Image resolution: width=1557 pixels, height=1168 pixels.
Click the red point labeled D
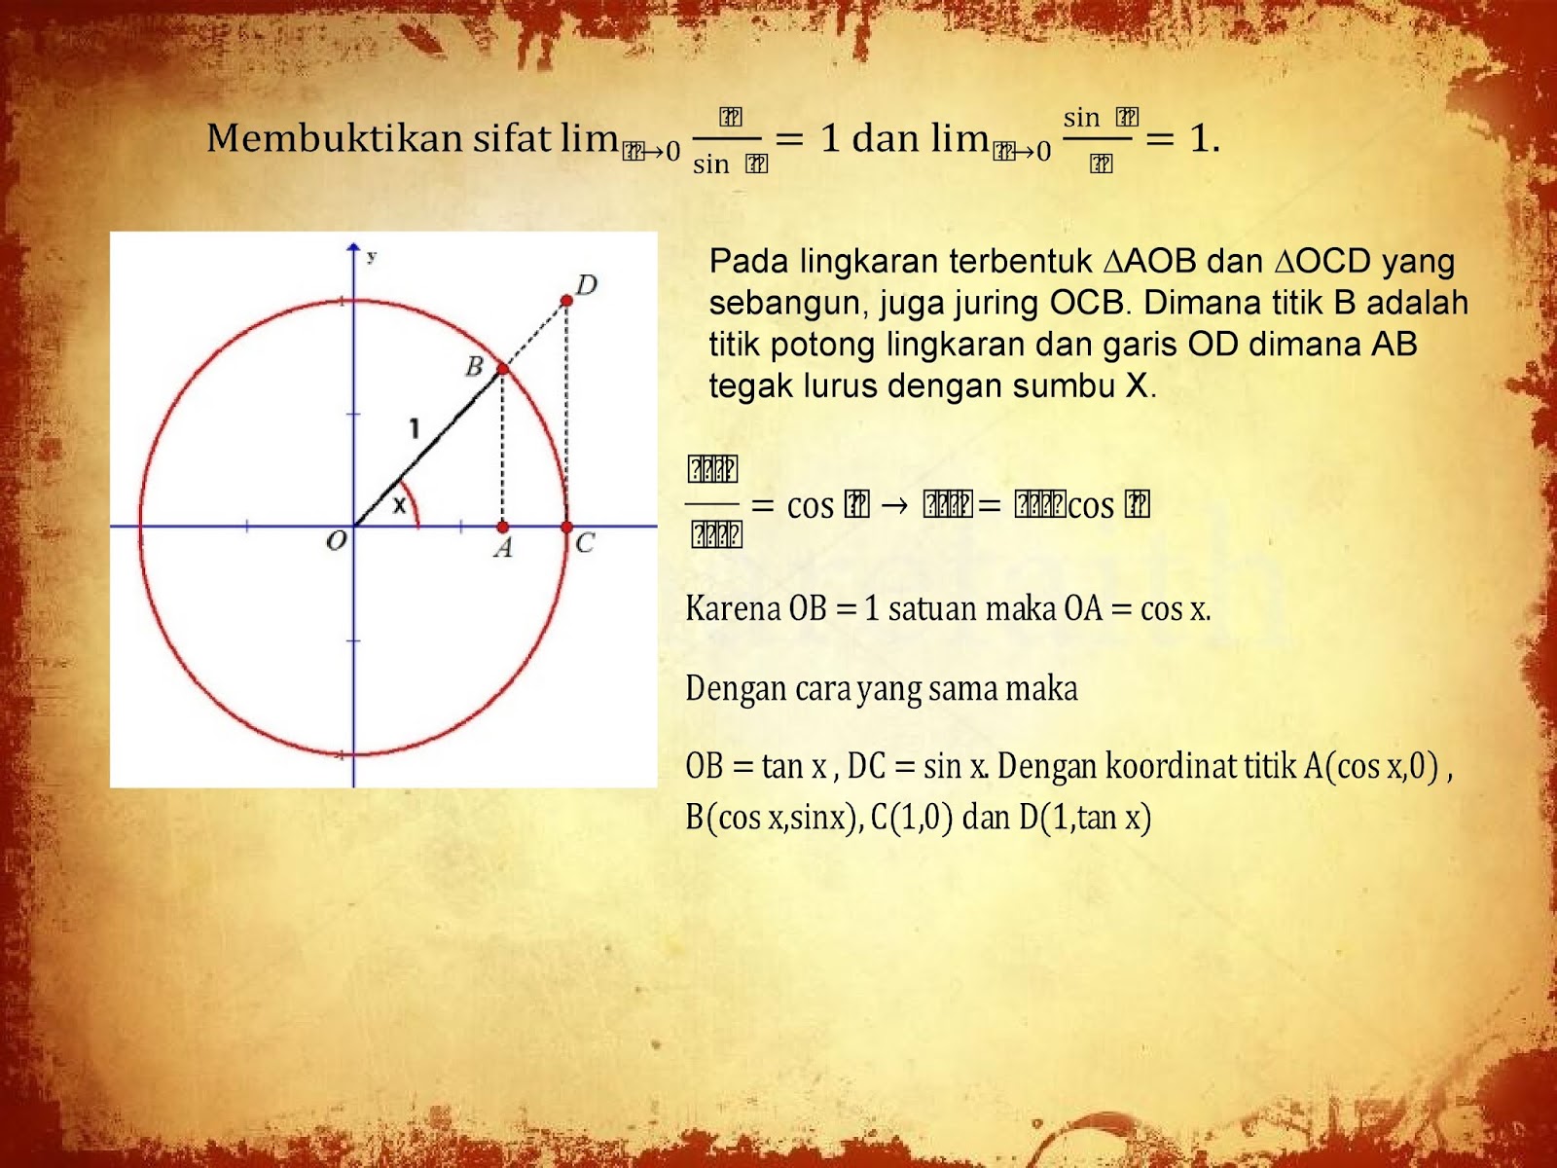point(566,301)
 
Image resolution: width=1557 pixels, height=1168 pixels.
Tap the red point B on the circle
point(503,369)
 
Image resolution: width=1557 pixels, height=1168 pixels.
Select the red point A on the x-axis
point(502,527)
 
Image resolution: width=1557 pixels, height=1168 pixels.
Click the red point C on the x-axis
point(567,527)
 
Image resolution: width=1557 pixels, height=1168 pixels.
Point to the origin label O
point(337,541)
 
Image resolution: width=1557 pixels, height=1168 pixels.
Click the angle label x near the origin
point(399,505)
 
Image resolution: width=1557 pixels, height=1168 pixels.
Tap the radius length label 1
point(415,427)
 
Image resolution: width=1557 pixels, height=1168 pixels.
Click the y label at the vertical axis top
point(372,257)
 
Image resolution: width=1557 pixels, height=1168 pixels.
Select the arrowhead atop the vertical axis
point(353,249)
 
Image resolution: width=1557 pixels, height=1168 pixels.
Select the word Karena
point(733,609)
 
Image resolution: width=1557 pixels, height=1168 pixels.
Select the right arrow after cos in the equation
point(894,505)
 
